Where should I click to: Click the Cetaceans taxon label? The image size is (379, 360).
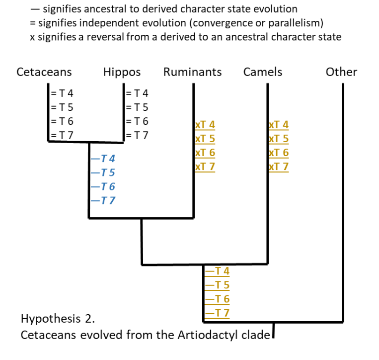point(44,72)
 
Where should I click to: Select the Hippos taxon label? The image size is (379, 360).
point(122,72)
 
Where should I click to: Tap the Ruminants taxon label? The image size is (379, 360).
point(192,72)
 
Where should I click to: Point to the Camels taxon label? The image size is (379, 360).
point(263,72)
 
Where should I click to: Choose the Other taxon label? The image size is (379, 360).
point(341,72)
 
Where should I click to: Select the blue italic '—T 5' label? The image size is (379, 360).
point(103,173)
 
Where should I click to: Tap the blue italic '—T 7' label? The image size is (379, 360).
point(103,200)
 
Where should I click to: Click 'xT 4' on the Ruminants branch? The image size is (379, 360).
point(205,125)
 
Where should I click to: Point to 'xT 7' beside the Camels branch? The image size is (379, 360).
point(278,167)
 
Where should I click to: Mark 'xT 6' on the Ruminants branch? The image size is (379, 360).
point(205,153)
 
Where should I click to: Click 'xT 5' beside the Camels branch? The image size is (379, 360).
point(278,139)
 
